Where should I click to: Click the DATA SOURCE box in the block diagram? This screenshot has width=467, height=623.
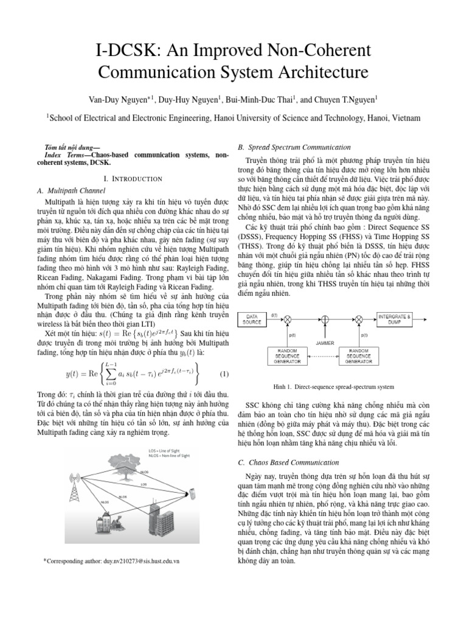tap(253, 319)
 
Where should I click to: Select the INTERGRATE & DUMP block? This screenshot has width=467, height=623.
tap(395, 319)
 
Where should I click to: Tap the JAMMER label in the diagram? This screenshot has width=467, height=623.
tap(325, 342)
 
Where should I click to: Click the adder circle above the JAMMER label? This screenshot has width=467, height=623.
tap(325, 319)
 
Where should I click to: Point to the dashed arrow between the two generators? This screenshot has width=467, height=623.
tap(325, 355)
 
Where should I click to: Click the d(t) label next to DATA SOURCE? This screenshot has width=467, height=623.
tap(274, 315)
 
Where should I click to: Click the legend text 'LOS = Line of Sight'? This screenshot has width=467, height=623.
tap(165, 451)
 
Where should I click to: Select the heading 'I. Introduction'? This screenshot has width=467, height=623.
tap(133, 179)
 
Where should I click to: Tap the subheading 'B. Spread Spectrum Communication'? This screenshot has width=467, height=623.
tap(294, 147)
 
